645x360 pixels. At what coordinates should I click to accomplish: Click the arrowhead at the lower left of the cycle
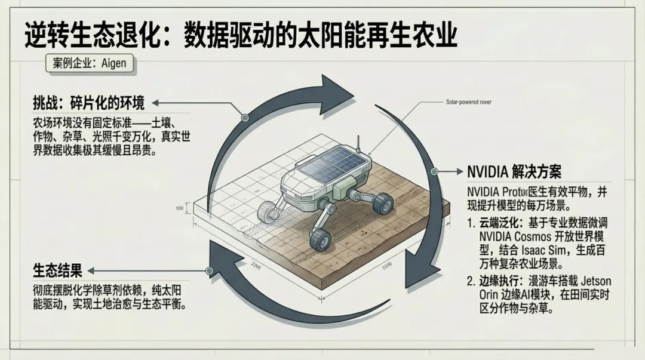217,263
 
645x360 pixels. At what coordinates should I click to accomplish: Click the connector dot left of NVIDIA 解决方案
434,172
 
